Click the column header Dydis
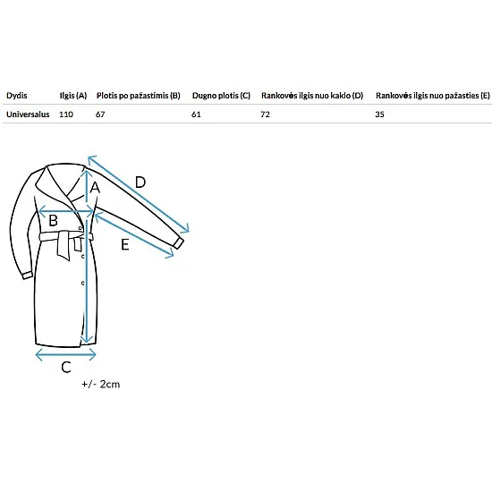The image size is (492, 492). pos(17,96)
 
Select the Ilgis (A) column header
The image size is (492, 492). pos(73,96)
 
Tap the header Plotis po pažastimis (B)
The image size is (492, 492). pos(139,96)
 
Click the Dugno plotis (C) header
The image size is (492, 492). pos(221,96)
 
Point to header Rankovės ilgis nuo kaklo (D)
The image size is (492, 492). pos(312,96)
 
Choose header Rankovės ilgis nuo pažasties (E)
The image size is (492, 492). pos(433,96)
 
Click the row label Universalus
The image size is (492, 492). pos(28,115)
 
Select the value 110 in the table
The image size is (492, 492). pos(66,115)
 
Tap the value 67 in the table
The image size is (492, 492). pos(100,115)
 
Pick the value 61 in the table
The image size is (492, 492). pos(196,115)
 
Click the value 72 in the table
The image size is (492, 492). pos(265,115)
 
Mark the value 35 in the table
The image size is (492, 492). pos(379,115)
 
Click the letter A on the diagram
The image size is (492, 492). pos(95,188)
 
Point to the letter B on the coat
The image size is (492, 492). pos(53,220)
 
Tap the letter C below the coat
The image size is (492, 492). pos(66,367)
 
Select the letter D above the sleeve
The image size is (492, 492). pos(140,182)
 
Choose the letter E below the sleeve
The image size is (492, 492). pos(125,244)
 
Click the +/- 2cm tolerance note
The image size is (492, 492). pos(101,384)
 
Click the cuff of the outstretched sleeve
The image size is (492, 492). pos(179,243)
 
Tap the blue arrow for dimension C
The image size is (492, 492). pos(65,355)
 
